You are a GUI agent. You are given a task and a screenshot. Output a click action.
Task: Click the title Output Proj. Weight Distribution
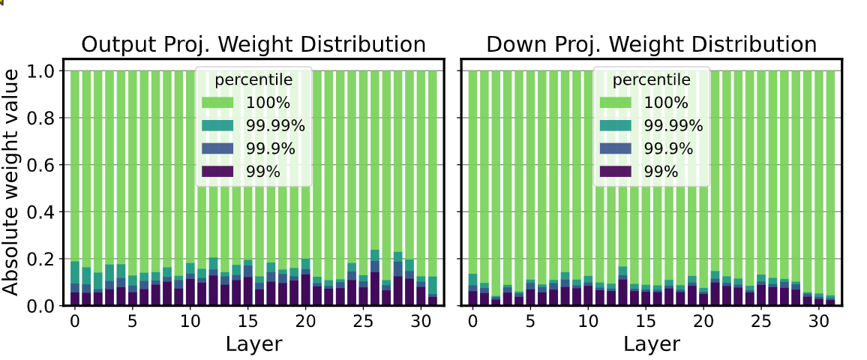[253, 44]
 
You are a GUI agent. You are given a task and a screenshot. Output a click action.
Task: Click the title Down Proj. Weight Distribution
[651, 44]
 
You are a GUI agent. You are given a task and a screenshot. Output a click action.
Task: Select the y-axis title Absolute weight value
[10, 180]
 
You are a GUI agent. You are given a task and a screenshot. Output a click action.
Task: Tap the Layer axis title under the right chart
[651, 344]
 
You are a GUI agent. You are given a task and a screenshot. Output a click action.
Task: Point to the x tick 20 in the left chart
[305, 321]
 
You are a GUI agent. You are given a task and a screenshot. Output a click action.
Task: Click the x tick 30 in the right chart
[818, 321]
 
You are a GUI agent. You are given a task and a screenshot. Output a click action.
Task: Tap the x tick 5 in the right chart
[530, 321]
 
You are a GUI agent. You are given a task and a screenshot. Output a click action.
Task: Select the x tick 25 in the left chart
[363, 321]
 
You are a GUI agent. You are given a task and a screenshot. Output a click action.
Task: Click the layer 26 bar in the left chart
[375, 187]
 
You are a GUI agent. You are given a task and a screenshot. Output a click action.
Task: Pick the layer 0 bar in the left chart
[75, 187]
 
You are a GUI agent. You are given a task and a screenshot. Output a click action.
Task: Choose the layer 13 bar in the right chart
[622, 187]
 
